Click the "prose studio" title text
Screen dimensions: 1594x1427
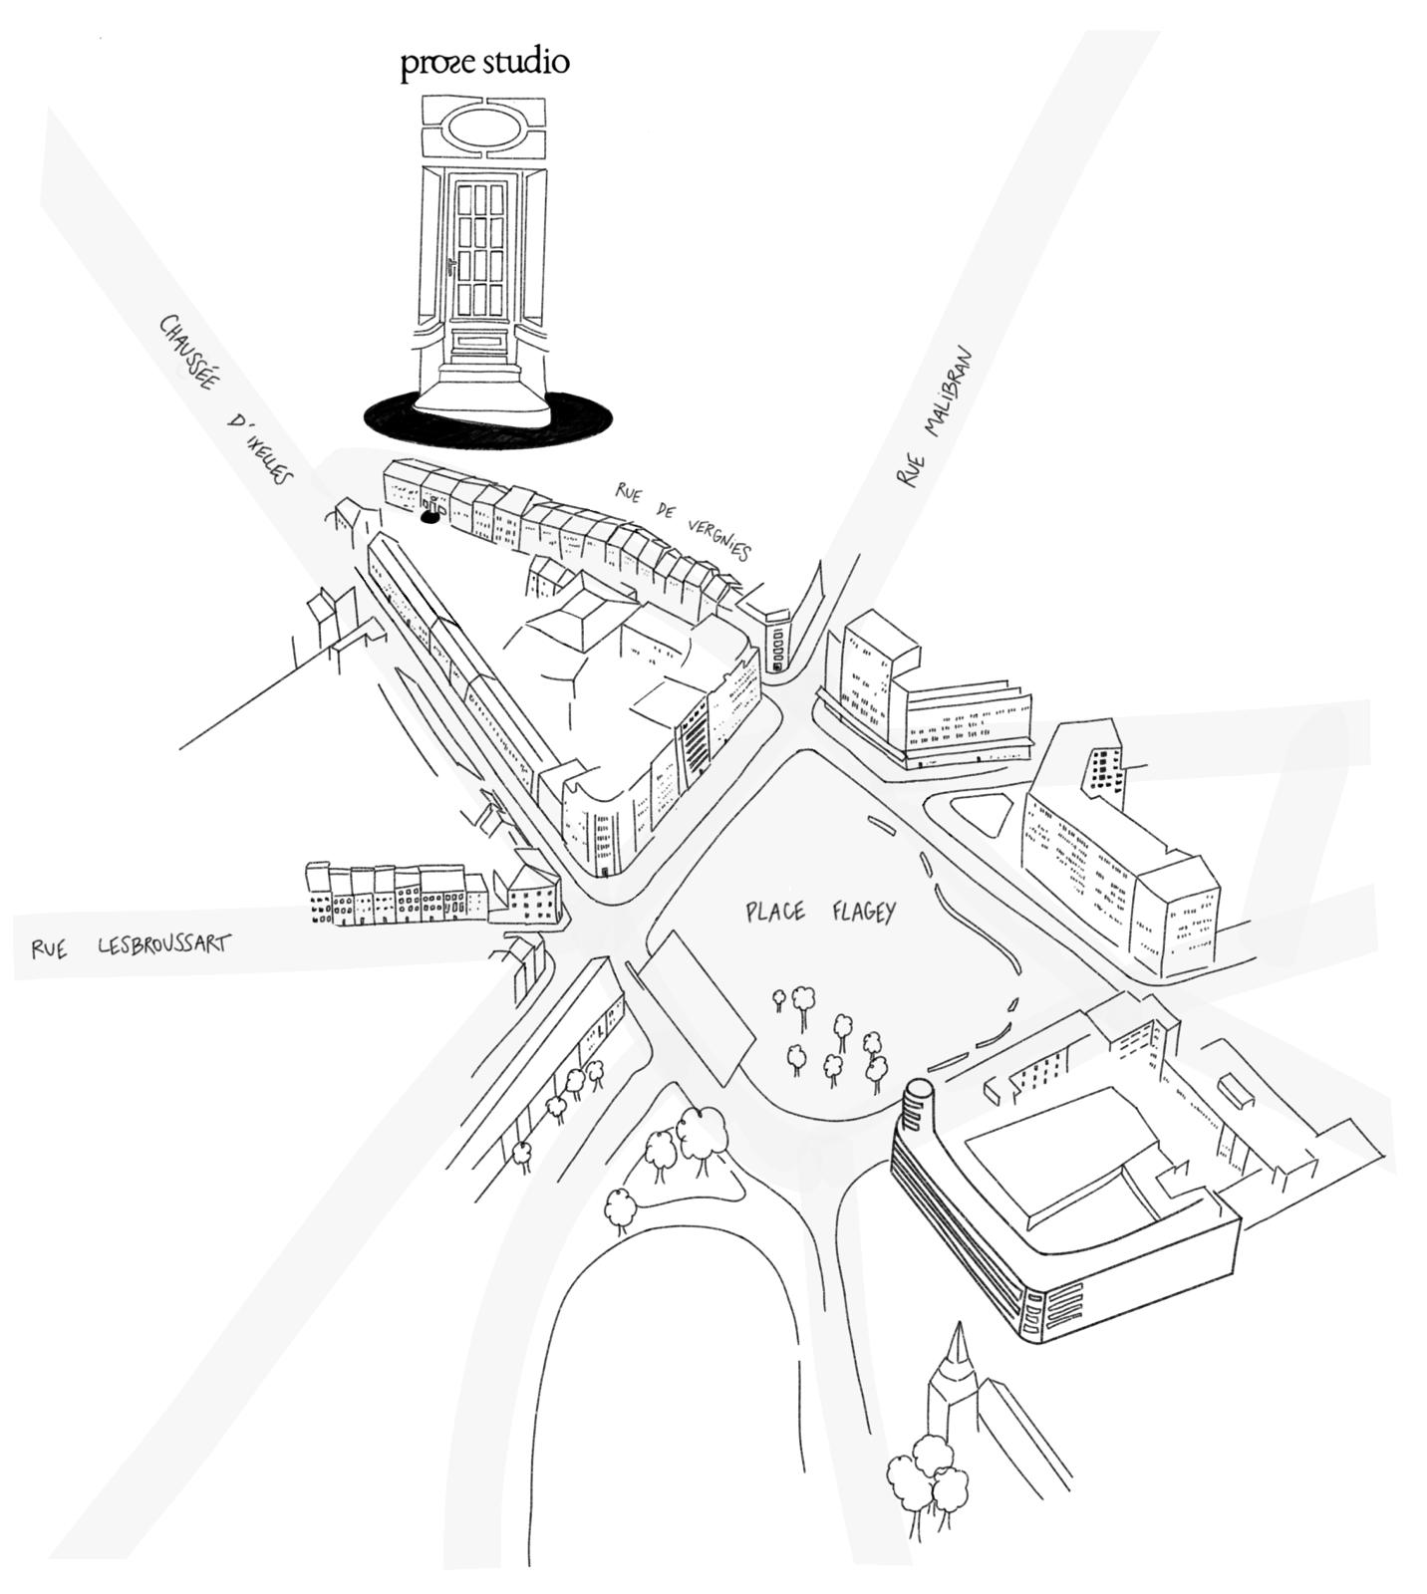pyautogui.click(x=485, y=62)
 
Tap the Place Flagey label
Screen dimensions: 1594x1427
pyautogui.click(x=821, y=911)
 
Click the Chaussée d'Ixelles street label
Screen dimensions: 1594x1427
pyautogui.click(x=226, y=399)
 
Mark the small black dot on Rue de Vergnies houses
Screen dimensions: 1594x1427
pyautogui.click(x=429, y=517)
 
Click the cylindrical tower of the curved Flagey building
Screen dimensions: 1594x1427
pyautogui.click(x=917, y=1106)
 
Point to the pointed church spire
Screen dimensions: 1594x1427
pyautogui.click(x=959, y=1365)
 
